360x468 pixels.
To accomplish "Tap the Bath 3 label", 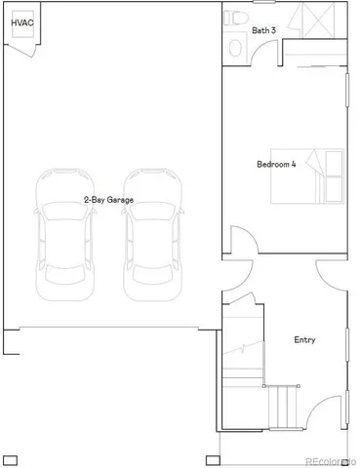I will point(263,31).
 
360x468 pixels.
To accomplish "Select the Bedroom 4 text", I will point(276,165).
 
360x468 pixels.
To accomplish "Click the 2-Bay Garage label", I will point(107,200).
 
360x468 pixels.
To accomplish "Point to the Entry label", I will point(304,340).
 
